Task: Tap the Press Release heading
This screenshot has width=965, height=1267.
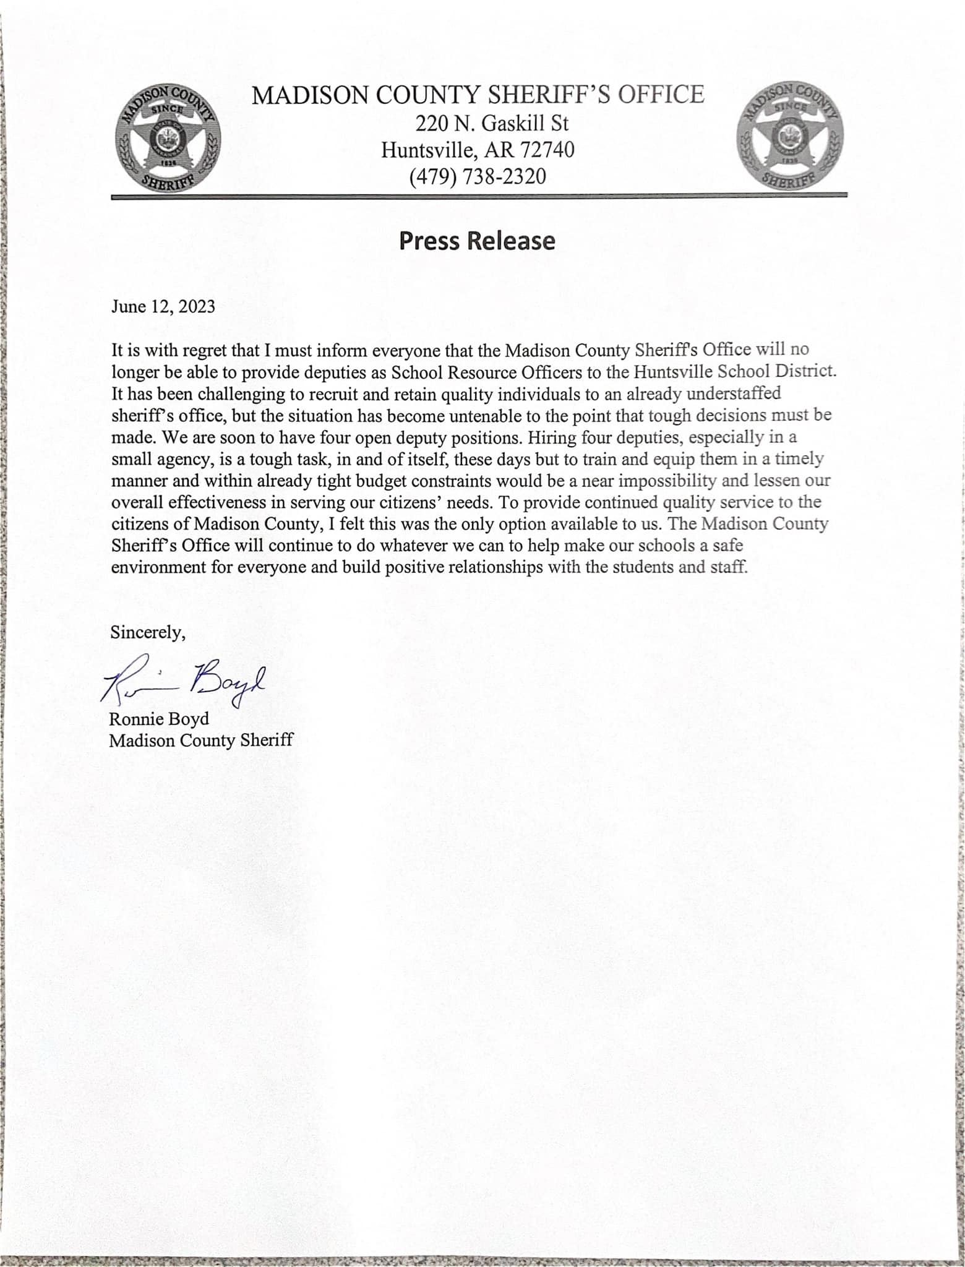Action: tap(477, 241)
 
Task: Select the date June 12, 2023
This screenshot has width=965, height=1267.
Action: tap(163, 307)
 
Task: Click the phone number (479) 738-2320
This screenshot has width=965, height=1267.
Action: tap(478, 177)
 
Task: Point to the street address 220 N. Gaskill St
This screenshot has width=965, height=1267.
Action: tap(492, 124)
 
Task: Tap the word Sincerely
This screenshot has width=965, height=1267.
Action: tap(148, 632)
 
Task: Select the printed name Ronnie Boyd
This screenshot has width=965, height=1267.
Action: tap(159, 719)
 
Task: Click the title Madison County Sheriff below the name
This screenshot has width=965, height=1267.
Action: tap(200, 741)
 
